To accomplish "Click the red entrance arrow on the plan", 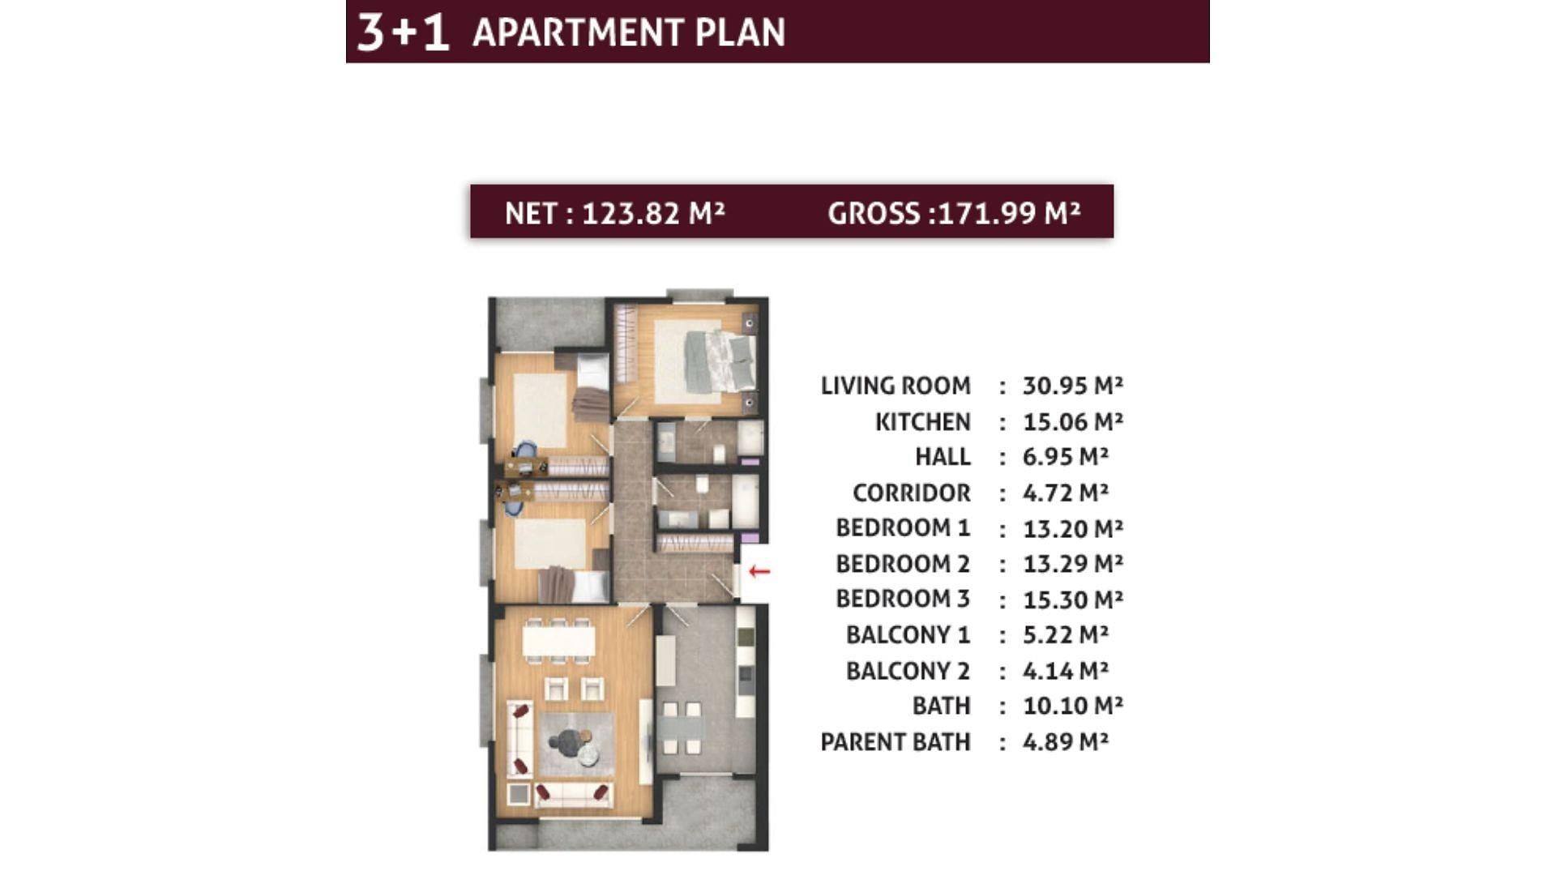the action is pos(759,571).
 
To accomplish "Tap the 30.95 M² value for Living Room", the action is pos(1072,386).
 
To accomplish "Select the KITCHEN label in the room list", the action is pos(922,422).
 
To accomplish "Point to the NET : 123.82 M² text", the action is pos(614,213).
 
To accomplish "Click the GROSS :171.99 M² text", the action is pos(954,213).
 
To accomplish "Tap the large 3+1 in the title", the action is pos(403,32).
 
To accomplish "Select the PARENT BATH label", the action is pos(895,742).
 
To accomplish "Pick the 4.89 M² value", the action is pos(1065,742).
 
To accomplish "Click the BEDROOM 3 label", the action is pos(903,599).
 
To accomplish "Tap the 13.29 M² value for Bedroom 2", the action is pos(1072,564).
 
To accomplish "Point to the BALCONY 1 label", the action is pos(908,635).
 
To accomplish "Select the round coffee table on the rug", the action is pos(571,741).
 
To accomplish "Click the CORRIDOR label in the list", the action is pos(911,493).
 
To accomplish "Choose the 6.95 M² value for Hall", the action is pos(1065,457).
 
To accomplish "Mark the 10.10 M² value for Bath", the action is pos(1072,706).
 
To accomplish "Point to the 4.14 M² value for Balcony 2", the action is pos(1065,671).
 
